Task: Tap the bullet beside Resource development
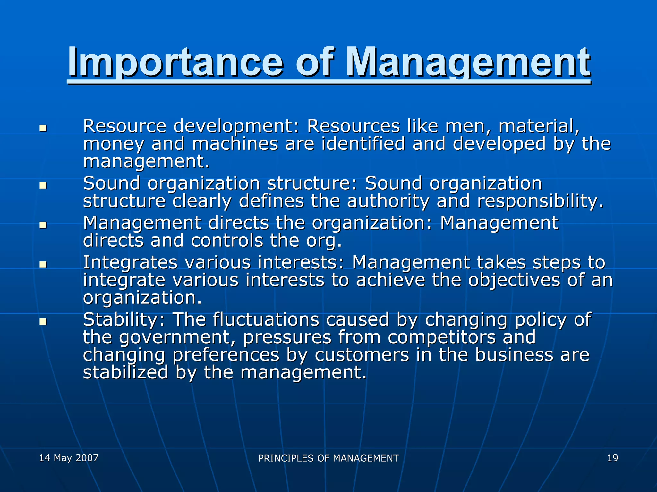(43, 129)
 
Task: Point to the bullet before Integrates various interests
(43, 265)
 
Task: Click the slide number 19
(612, 458)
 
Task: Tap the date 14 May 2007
(69, 458)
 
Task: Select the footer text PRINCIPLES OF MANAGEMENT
(328, 458)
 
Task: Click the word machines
(235, 144)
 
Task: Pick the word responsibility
(540, 201)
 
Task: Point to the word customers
(362, 355)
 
